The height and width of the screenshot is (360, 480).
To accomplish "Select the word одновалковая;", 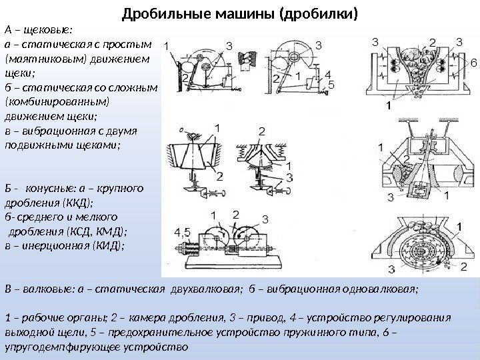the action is tap(377, 289).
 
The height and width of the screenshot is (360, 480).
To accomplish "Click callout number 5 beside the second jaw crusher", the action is tap(331, 84).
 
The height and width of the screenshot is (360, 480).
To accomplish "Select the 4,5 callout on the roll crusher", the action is tap(181, 231).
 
